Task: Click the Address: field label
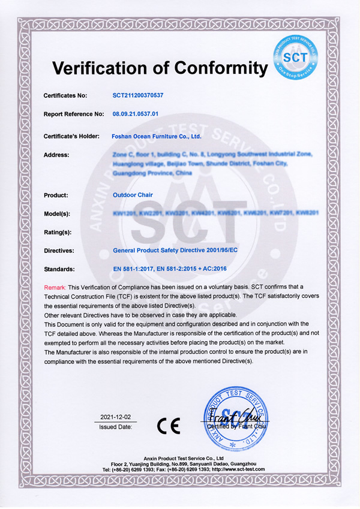point(57,155)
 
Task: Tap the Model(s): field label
point(59,213)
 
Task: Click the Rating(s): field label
point(59,232)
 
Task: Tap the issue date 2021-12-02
point(116,416)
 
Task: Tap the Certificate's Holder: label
point(71,136)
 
